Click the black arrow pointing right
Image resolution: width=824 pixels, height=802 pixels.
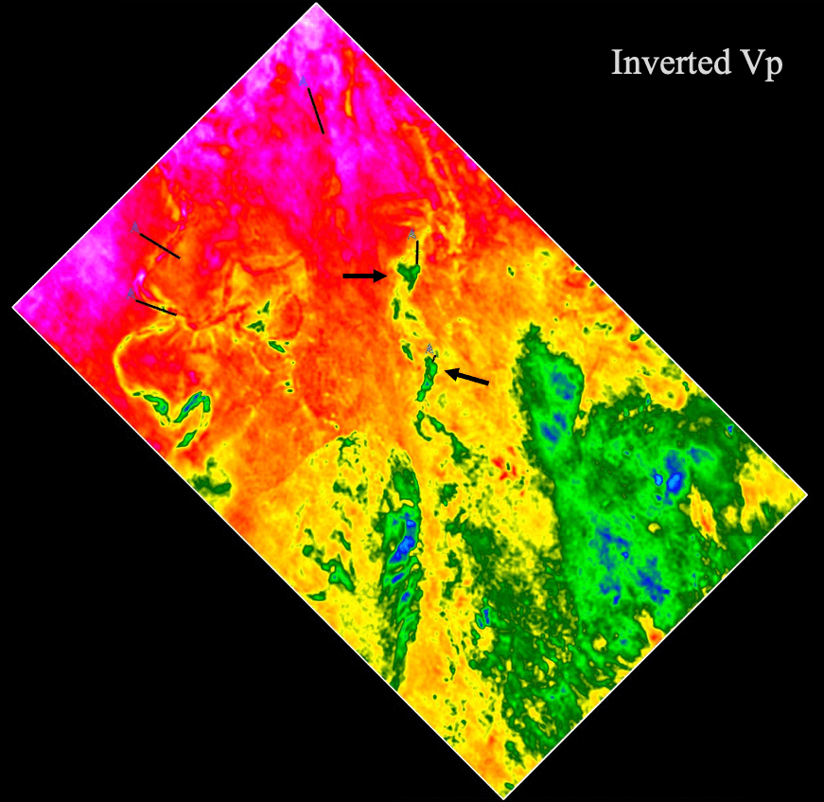[x=364, y=276]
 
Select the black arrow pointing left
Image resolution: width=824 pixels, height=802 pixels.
[x=468, y=377]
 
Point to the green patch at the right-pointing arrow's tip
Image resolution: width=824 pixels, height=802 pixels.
[x=409, y=275]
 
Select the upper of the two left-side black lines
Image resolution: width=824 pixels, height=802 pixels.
[x=158, y=245]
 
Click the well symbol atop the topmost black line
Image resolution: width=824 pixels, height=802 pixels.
[x=304, y=82]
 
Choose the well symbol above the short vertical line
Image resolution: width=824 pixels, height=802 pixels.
[x=412, y=233]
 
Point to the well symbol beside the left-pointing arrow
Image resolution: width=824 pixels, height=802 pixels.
[x=430, y=348]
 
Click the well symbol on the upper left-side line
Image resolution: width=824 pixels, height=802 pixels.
[x=135, y=228]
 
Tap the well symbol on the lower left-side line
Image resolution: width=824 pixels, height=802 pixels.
[x=131, y=294]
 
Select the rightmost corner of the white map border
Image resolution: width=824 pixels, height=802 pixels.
[x=807, y=494]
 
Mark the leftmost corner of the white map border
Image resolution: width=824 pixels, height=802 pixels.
[x=12, y=307]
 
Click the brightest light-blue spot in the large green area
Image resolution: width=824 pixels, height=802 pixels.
[x=674, y=481]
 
